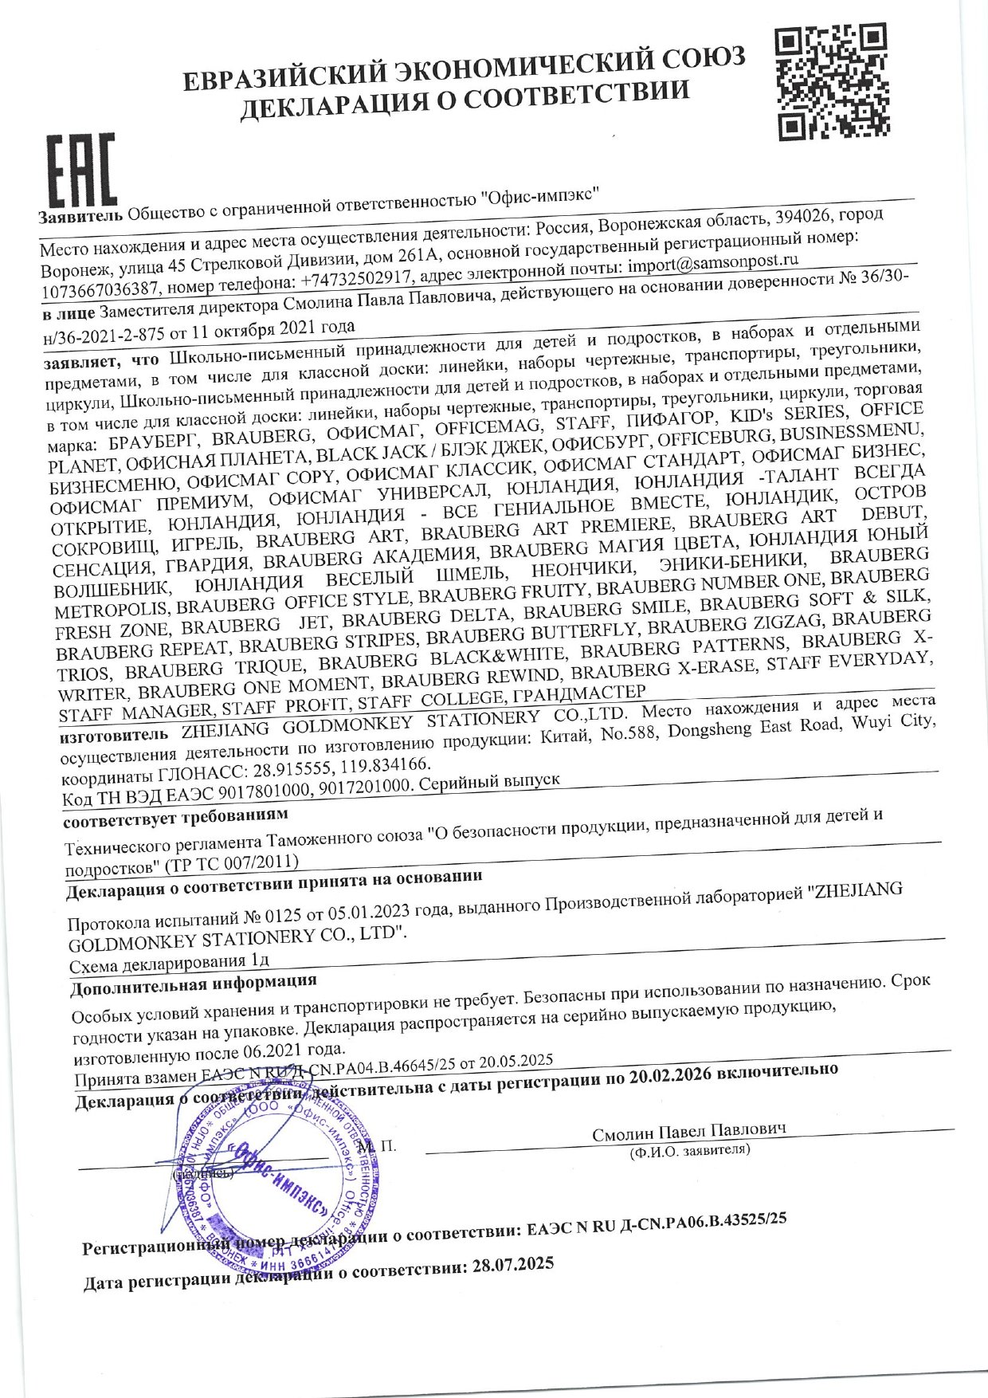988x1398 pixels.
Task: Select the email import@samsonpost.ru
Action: [x=712, y=263]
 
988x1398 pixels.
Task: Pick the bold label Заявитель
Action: [x=80, y=217]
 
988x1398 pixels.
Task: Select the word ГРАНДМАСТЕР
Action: [x=579, y=695]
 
